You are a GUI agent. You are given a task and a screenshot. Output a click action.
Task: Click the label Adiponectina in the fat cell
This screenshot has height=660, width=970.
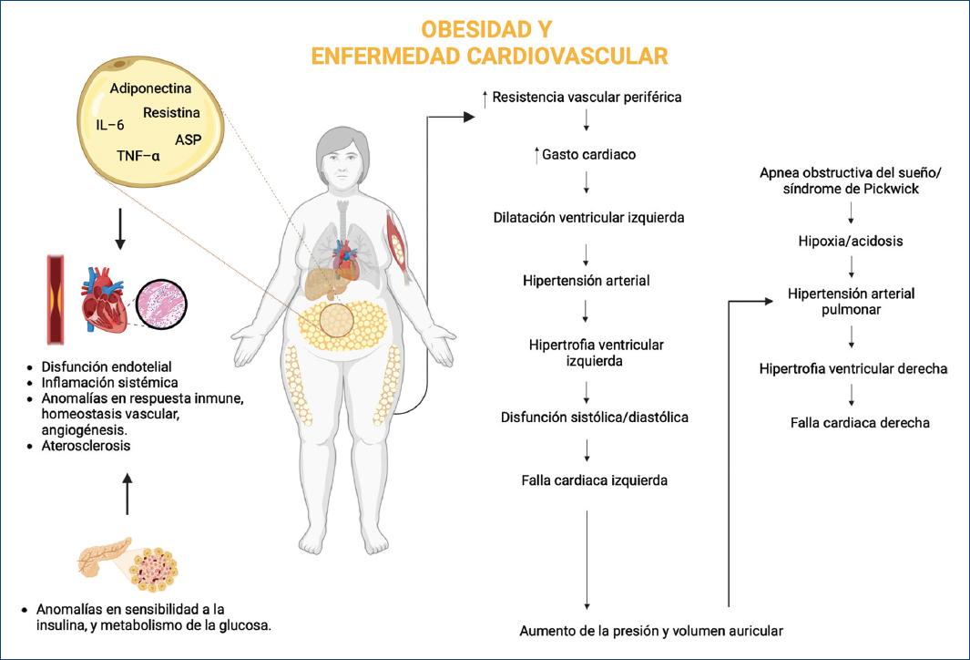tap(150, 89)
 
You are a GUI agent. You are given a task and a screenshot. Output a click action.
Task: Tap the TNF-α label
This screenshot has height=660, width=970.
tap(138, 156)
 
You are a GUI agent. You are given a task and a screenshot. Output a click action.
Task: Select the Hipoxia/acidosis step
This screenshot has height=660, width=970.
tap(852, 242)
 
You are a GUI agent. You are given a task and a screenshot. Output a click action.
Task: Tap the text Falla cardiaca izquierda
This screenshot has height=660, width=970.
tap(589, 480)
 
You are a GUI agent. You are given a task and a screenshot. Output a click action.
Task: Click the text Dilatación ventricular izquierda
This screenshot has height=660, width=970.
tap(588, 218)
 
